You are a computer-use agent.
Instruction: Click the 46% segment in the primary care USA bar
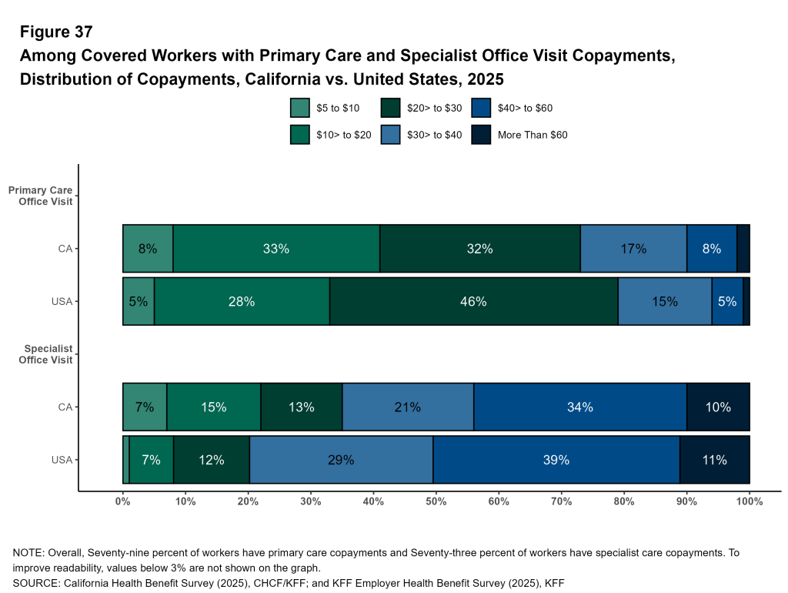[473, 302]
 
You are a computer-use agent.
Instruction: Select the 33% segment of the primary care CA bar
[275, 249]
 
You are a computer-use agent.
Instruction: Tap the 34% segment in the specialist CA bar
[579, 407]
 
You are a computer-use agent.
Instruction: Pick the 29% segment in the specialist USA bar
[340, 461]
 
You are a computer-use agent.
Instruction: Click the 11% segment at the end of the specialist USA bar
[714, 461]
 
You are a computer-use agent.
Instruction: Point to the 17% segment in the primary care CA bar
[633, 249]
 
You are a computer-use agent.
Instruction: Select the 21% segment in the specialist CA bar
[407, 407]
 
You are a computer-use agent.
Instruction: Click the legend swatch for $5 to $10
[299, 109]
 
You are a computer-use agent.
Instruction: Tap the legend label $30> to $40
[434, 135]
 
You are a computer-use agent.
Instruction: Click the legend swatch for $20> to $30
[390, 109]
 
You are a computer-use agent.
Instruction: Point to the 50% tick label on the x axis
[436, 502]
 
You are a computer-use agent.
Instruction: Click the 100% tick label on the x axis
[749, 502]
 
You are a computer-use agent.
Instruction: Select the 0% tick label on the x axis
[122, 502]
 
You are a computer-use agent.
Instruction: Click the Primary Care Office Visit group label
[47, 196]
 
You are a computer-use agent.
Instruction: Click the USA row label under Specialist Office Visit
[62, 461]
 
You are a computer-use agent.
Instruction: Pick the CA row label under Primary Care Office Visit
[66, 249]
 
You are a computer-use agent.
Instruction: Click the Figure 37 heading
[56, 32]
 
